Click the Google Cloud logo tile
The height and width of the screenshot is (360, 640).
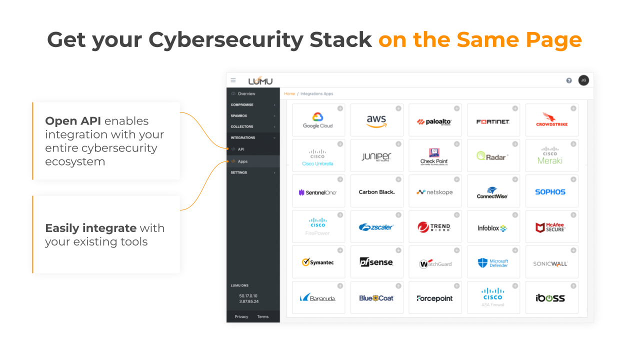point(318,120)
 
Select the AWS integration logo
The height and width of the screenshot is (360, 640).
point(376,120)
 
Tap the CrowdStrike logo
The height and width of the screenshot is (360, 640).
point(551,120)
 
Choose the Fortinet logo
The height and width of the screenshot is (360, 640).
point(493,121)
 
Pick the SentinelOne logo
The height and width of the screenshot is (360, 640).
point(318,192)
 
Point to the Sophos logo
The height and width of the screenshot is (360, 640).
point(550,192)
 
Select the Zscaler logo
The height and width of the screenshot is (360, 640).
point(376,227)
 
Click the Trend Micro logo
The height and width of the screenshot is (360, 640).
point(434,227)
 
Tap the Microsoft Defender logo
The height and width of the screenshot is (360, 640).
point(493,263)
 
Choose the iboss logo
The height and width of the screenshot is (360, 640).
point(550,298)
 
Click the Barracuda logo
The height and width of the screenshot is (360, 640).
point(318,298)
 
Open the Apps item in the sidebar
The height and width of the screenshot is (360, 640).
point(242,161)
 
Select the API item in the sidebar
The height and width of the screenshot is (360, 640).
point(241,149)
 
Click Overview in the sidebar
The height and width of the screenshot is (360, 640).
point(246,93)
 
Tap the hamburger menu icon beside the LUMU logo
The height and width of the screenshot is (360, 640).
point(233,80)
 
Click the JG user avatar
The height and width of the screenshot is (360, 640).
point(583,80)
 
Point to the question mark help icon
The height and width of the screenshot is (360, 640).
point(569,80)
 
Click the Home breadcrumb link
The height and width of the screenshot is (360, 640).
point(289,93)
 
